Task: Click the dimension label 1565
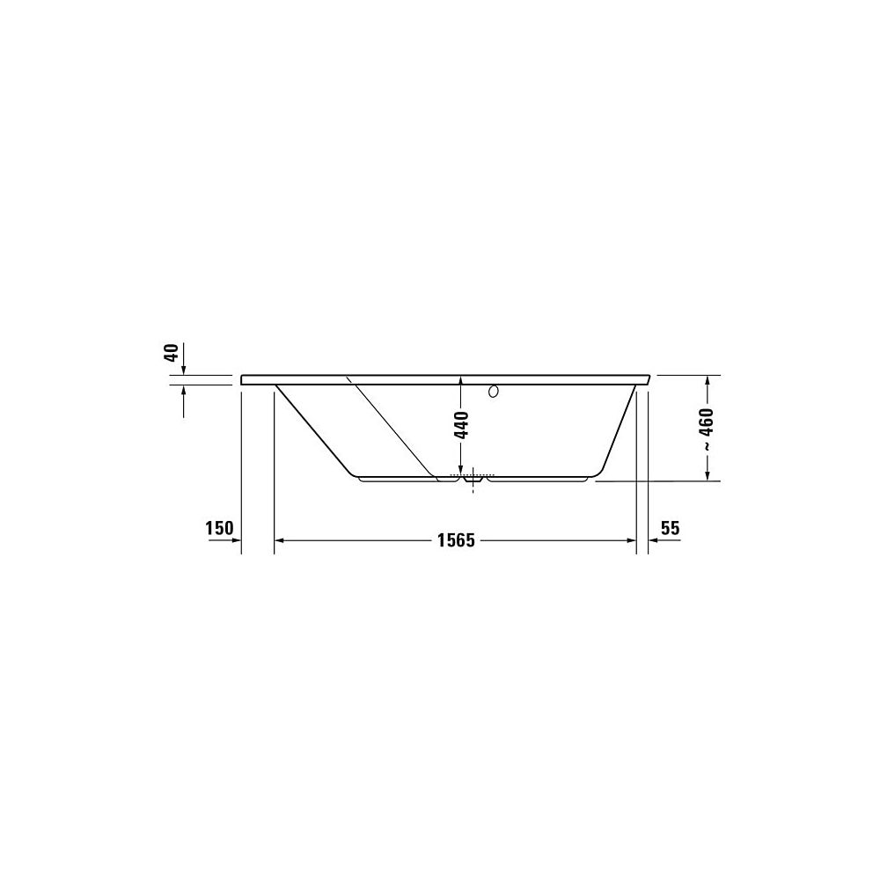coord(456,540)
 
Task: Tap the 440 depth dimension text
coord(461,425)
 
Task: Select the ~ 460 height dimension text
coord(707,429)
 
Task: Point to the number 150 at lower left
coord(219,529)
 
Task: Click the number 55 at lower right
coord(670,528)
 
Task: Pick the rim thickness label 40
coord(172,353)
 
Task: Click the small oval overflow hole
coord(494,392)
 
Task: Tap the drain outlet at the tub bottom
coord(473,480)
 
